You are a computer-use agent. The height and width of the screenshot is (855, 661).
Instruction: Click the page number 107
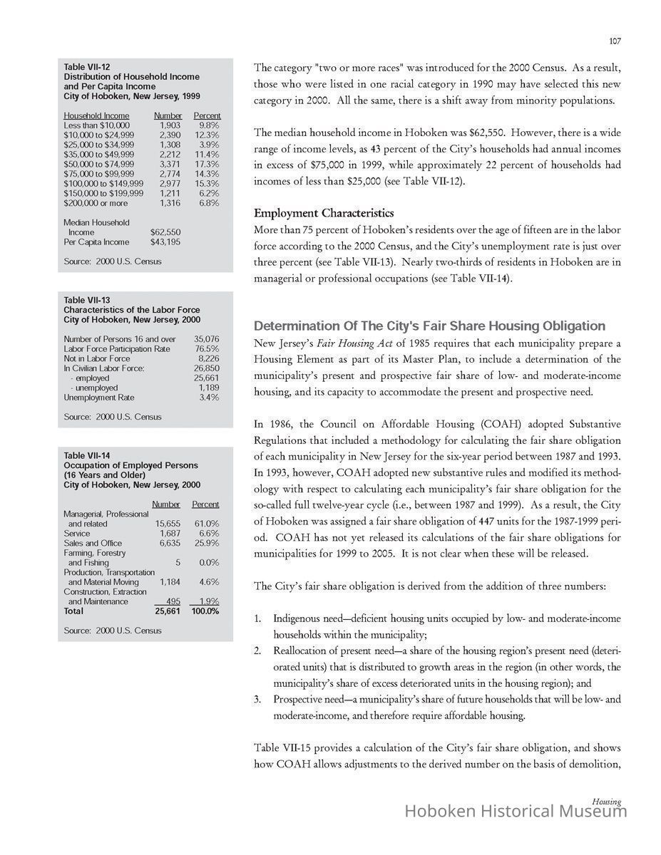click(615, 41)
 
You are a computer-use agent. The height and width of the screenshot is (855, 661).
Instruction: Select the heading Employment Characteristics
click(324, 213)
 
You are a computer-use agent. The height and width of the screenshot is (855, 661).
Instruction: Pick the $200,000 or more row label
click(96, 203)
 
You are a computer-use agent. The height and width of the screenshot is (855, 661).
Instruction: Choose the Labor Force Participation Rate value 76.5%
click(207, 349)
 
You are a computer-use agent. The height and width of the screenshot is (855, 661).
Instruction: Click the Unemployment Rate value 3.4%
click(208, 398)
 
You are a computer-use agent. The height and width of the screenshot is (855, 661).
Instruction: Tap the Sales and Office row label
click(93, 543)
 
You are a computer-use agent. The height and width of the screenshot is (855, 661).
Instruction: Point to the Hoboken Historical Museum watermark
click(516, 812)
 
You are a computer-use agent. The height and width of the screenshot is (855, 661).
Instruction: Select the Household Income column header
click(96, 115)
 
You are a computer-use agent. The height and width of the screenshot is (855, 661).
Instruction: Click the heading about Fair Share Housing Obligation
click(429, 326)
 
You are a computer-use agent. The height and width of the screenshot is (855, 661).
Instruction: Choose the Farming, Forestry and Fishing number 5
click(176, 563)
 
